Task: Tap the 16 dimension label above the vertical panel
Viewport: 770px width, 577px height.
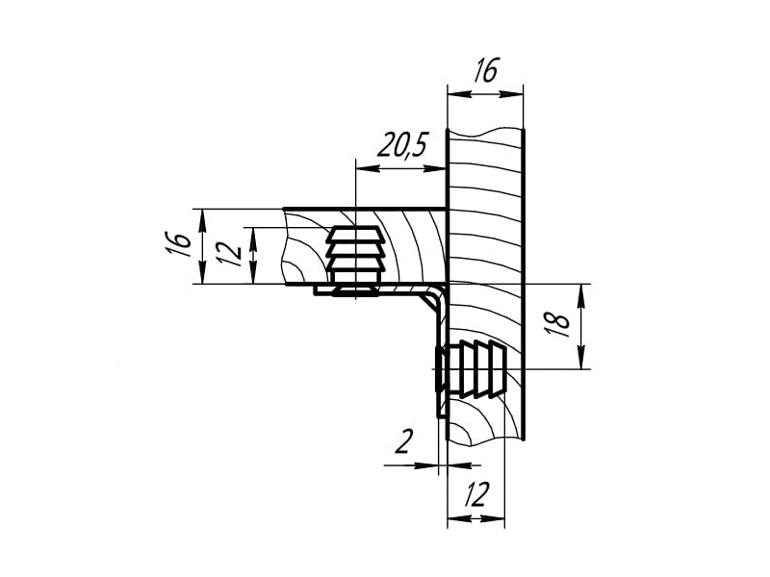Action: [x=486, y=70]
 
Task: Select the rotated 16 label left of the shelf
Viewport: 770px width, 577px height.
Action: [x=179, y=244]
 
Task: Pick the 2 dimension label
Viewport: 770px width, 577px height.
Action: [x=404, y=441]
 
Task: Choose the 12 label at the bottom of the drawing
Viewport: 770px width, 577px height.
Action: [x=476, y=494]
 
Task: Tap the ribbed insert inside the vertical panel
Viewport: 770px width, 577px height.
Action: [x=472, y=368]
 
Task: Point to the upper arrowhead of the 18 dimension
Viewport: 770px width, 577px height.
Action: [x=581, y=296]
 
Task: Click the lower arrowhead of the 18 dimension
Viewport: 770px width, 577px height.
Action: [x=581, y=357]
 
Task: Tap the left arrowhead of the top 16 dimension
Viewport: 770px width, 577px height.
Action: [x=460, y=93]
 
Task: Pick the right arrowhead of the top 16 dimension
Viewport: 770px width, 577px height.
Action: [x=510, y=93]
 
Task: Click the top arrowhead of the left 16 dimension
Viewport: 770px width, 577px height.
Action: [x=202, y=221]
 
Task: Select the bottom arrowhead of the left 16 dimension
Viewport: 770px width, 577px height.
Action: [x=202, y=272]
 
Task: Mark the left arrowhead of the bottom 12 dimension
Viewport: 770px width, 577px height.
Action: [x=460, y=518]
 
